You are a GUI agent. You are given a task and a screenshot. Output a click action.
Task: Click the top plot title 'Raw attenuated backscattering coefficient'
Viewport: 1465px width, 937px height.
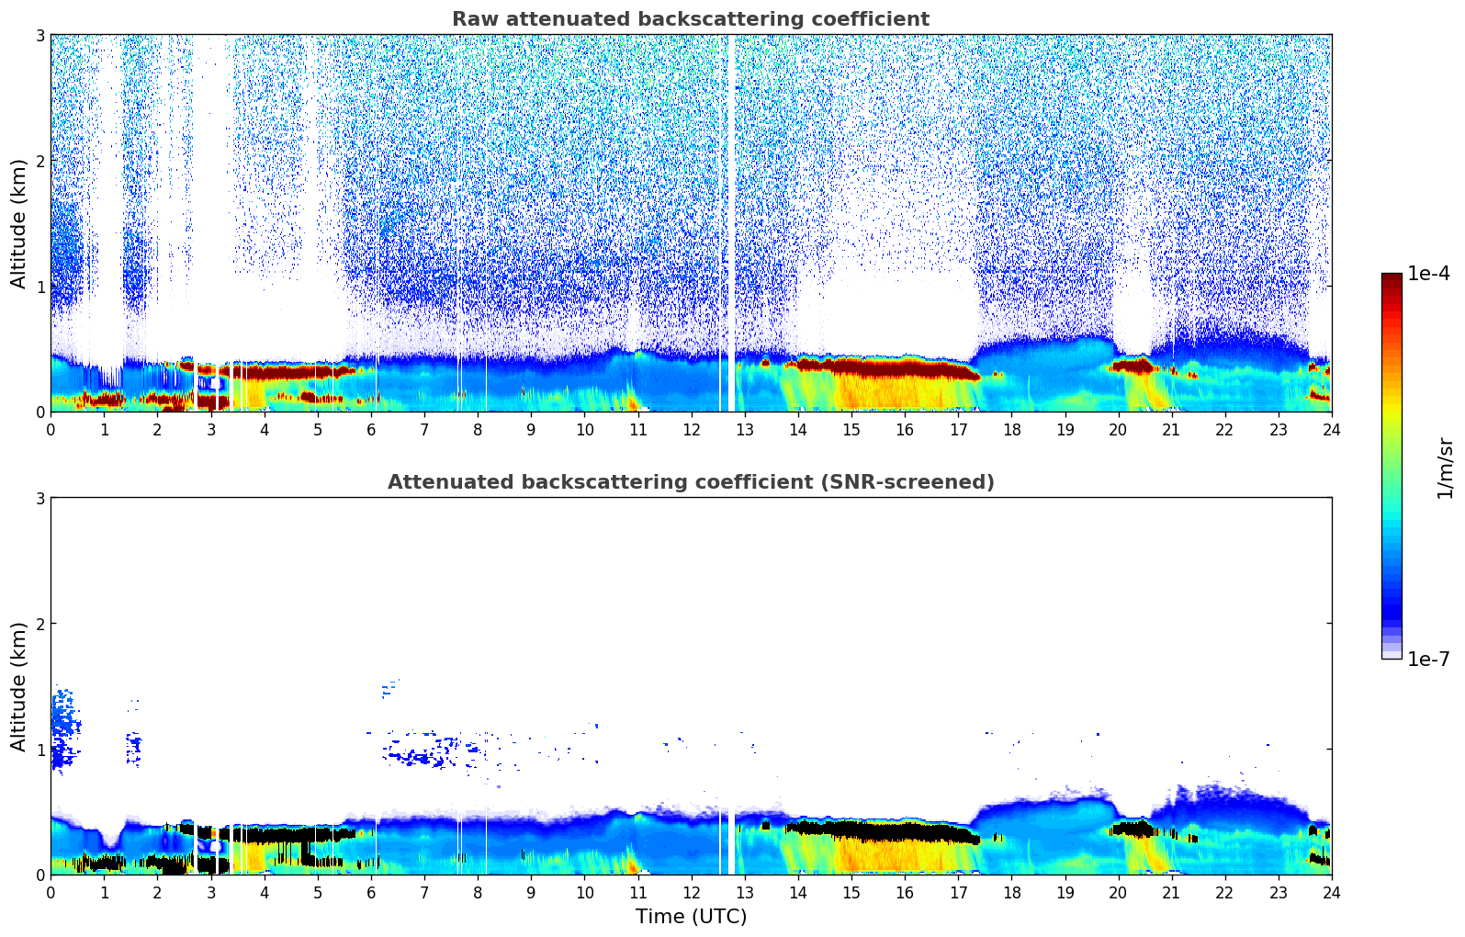pos(690,19)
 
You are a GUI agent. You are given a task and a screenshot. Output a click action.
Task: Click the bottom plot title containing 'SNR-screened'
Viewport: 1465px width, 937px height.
pos(690,482)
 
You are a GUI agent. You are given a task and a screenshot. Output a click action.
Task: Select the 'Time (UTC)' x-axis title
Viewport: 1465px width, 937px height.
pos(691,916)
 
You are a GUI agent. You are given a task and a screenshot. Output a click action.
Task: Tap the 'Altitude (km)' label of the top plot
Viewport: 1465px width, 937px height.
pos(19,223)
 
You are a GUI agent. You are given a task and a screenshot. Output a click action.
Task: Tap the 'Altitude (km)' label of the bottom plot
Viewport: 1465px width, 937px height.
pos(19,686)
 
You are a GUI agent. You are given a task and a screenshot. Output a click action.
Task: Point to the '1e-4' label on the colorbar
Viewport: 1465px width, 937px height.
pos(1428,274)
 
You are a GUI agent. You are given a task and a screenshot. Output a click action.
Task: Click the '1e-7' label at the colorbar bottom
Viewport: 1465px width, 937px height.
pos(1428,659)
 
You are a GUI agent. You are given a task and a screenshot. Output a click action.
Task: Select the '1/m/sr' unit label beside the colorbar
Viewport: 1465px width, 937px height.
pos(1445,468)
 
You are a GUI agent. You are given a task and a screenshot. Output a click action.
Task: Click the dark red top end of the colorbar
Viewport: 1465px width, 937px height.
pos(1392,278)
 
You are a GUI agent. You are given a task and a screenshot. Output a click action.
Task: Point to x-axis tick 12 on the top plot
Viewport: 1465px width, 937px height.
pos(691,429)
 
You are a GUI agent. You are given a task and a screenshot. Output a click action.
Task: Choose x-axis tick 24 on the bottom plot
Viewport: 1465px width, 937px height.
pos(1331,892)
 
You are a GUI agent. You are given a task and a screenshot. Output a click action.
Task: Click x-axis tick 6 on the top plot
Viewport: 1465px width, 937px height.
pos(371,429)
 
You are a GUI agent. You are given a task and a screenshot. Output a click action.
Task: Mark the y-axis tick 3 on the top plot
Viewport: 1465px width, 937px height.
pos(40,35)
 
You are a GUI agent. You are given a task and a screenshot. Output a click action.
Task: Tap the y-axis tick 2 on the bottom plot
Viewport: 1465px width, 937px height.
pos(40,624)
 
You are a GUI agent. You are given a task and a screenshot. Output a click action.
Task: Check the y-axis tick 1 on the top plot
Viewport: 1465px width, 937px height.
pos(40,287)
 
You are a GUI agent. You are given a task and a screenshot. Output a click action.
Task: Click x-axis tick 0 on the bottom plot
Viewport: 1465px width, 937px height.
pos(51,892)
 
